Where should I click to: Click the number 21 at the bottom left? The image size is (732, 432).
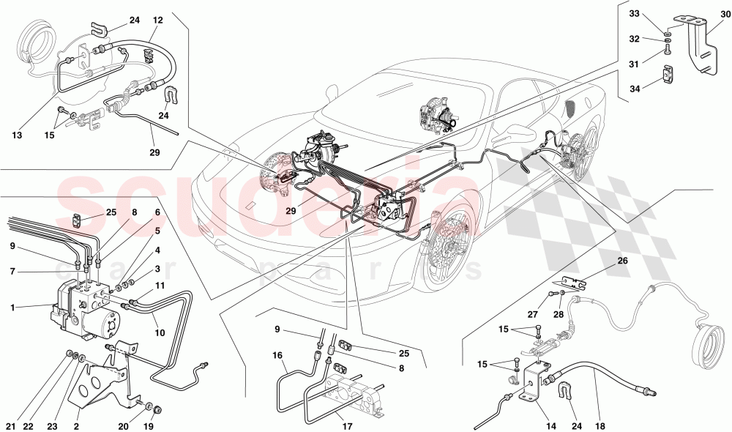pyautogui.click(x=10, y=425)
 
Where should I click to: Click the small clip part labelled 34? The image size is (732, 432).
pyautogui.click(x=669, y=75)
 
